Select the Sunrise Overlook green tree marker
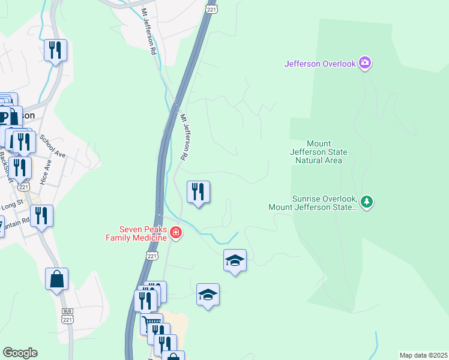pyautogui.click(x=366, y=202)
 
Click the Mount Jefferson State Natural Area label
pyautogui.click(x=324, y=152)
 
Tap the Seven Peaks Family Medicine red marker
pyautogui.click(x=175, y=232)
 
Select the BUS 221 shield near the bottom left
pyautogui.click(x=67, y=317)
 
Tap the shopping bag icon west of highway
pyautogui.click(x=56, y=279)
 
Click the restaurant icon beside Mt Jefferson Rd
pyautogui.click(x=198, y=192)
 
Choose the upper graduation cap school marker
pyautogui.click(x=235, y=260)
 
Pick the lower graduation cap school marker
pyautogui.click(x=208, y=295)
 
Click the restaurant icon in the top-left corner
pyautogui.click(x=55, y=50)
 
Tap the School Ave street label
pyautogui.click(x=52, y=146)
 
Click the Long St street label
pyautogui.click(x=12, y=205)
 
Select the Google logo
pyautogui.click(x=20, y=353)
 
